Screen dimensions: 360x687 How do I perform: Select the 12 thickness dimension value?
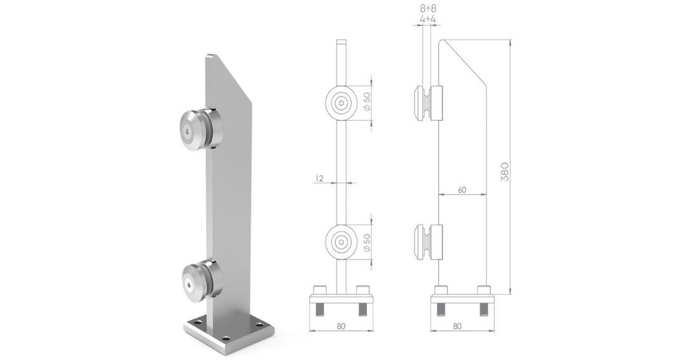coord(319,179)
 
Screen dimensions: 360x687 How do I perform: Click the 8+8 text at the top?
coord(429,10)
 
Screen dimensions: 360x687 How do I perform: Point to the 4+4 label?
coord(429,20)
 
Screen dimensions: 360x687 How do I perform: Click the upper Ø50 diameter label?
coord(367,102)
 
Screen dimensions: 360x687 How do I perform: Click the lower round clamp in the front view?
coord(342,242)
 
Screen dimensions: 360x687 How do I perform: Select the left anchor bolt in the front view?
coord(320,310)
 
